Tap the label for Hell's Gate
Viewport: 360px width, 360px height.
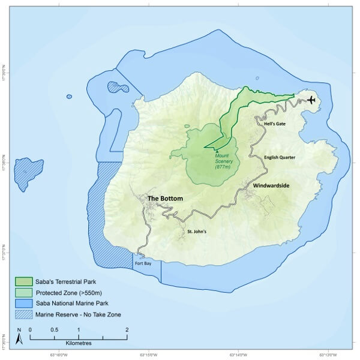(x=277, y=124)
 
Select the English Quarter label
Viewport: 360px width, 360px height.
(x=280, y=157)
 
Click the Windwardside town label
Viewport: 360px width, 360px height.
(x=271, y=186)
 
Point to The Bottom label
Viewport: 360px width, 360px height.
(x=165, y=199)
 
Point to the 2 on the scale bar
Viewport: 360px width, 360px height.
(x=127, y=330)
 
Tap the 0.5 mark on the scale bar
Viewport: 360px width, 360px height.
(x=54, y=330)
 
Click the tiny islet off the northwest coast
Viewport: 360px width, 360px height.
(x=69, y=97)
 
